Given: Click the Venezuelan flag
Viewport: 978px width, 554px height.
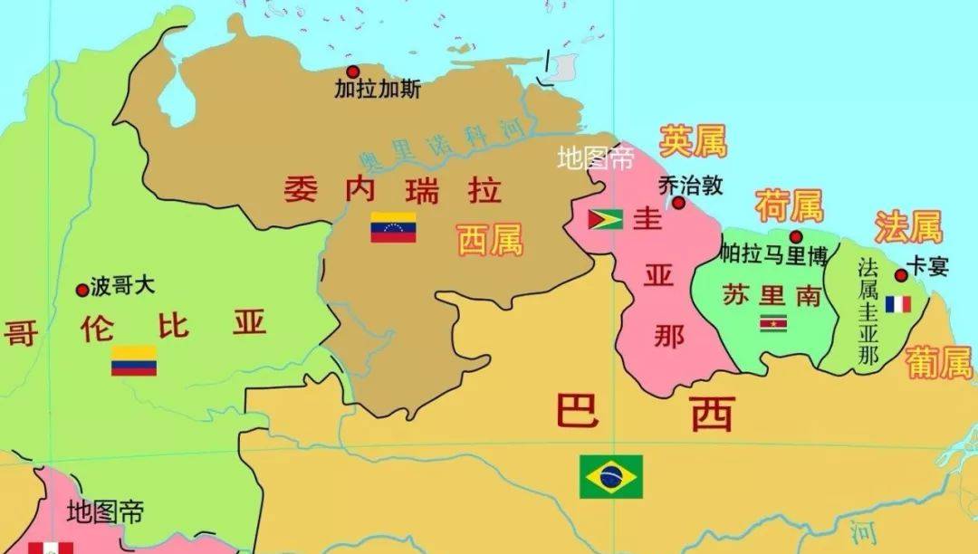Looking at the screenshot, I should point(393,227).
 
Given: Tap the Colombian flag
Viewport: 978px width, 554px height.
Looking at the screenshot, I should point(134,360).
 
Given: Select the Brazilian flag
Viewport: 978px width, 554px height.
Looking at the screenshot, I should point(611,476).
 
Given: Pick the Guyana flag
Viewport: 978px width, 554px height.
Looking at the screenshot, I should point(605,219).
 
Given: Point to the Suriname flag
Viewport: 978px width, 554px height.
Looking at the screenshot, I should point(773,322).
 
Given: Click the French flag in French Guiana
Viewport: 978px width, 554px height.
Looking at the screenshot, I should point(898,304).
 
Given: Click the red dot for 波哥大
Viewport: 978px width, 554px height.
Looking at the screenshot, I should point(82,290).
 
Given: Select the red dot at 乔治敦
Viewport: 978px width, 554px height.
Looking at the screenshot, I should point(678,203).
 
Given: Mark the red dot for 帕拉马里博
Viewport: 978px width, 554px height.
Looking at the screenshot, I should point(796,236).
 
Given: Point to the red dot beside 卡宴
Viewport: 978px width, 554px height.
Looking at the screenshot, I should point(901,275).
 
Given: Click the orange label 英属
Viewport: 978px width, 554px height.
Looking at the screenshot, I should point(693,141).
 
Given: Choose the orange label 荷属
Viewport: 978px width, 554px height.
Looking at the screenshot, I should point(789,206).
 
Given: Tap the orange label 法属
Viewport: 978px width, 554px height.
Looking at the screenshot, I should point(908,227).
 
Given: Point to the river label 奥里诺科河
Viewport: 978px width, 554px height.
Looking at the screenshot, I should point(441,145).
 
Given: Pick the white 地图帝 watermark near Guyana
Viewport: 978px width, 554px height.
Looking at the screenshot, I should point(595,160).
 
